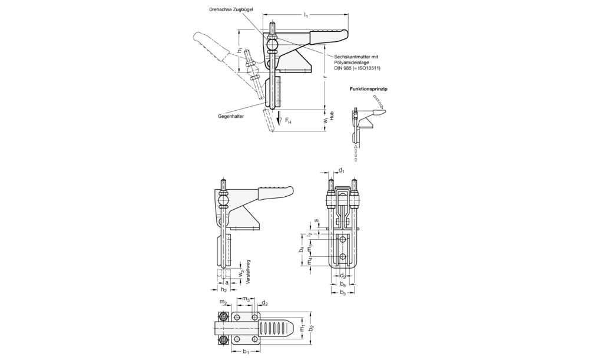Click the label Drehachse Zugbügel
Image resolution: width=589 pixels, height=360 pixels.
pyautogui.click(x=231, y=9)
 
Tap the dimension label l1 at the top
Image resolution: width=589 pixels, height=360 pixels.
pyautogui.click(x=306, y=15)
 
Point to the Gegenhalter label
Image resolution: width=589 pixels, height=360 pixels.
pyautogui.click(x=231, y=117)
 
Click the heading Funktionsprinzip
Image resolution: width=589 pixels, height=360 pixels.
pyautogui.click(x=369, y=89)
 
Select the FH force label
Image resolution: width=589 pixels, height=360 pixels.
pyautogui.click(x=288, y=121)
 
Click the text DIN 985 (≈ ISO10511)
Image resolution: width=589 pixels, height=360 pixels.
pyautogui.click(x=358, y=68)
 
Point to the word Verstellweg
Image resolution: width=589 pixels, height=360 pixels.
pyautogui.click(x=248, y=272)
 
